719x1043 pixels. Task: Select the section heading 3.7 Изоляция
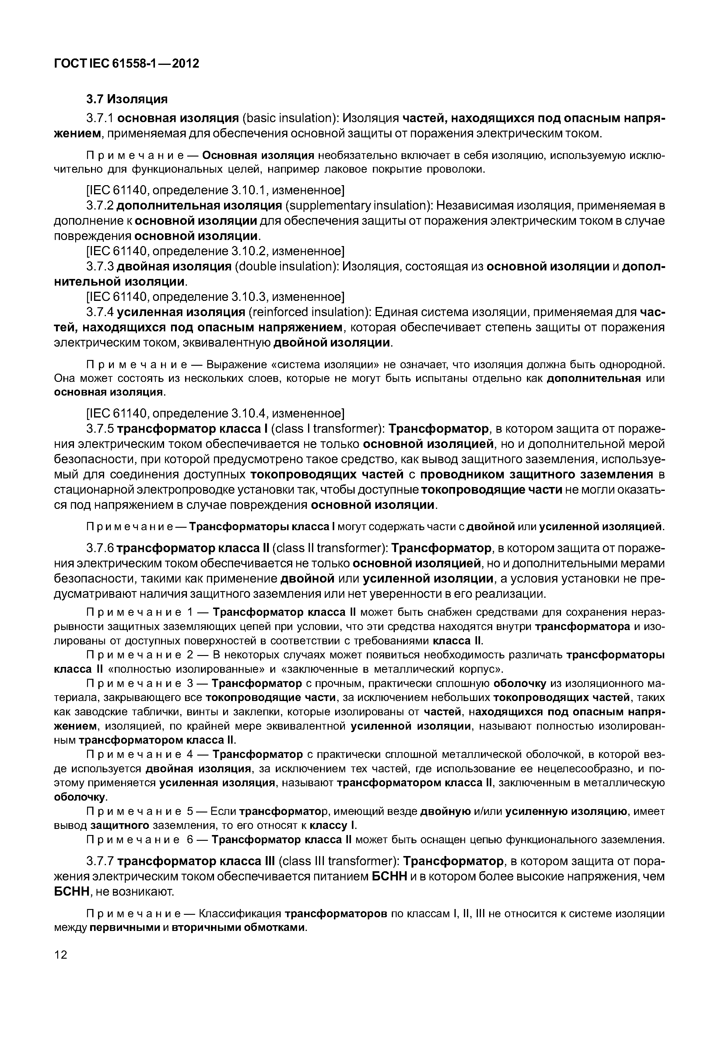point(127,99)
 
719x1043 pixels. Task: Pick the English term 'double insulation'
point(286,267)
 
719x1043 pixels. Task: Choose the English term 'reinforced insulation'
point(307,312)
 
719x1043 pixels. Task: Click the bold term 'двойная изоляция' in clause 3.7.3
point(174,267)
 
